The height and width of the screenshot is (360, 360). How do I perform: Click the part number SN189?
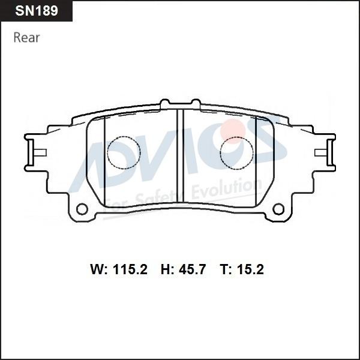(37, 11)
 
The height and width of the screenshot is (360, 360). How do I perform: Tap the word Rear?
(26, 38)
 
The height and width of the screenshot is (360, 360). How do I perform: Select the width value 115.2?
(130, 269)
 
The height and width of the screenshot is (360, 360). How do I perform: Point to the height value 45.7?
(192, 269)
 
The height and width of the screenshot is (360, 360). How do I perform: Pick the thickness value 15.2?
(250, 269)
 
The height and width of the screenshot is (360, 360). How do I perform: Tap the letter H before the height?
(166, 269)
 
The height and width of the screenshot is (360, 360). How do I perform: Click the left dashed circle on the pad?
(124, 137)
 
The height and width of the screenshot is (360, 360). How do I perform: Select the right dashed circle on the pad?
(236, 137)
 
